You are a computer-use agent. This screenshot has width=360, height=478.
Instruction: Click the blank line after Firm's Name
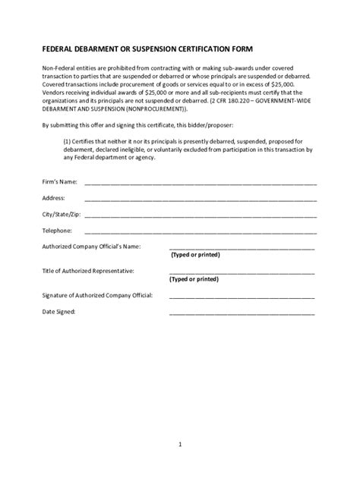[x=201, y=184]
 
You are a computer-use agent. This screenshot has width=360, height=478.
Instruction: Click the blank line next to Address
[x=201, y=200]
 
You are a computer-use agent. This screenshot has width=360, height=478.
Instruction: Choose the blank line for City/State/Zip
[x=201, y=215]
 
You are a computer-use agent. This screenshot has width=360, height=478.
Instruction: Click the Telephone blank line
[x=201, y=231]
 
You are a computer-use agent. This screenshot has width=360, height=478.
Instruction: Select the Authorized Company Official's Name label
[x=91, y=247]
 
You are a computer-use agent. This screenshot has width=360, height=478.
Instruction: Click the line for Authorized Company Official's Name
[x=242, y=248]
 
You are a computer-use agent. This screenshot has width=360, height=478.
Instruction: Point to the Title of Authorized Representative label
[x=88, y=270]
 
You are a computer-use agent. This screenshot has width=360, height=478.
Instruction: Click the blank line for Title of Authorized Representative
[x=242, y=272]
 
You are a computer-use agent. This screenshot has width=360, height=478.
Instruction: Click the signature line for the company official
[x=242, y=295]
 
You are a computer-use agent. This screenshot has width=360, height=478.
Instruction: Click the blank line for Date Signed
[x=242, y=312]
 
